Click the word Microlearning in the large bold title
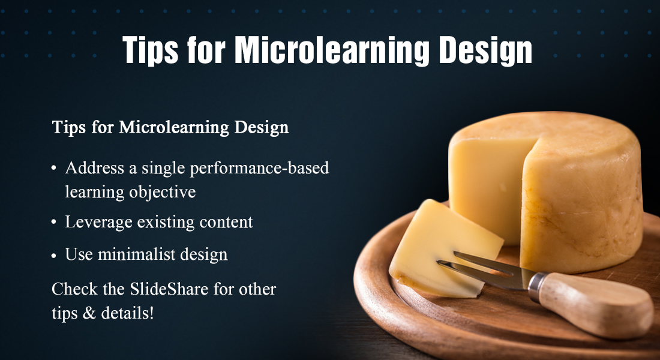pyautogui.click(x=332, y=50)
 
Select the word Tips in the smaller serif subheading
pyautogui.click(x=69, y=127)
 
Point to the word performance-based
pyautogui.click(x=259, y=169)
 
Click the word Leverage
pyautogui.click(x=98, y=222)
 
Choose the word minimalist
pyautogui.click(x=136, y=254)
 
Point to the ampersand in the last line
pyautogui.click(x=89, y=313)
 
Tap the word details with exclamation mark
pyautogui.click(x=128, y=313)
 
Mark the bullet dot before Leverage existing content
pyautogui.click(x=54, y=223)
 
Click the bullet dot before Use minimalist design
pyautogui.click(x=54, y=255)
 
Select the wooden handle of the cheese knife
pyautogui.click(x=595, y=304)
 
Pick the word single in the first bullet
pyautogui.click(x=163, y=169)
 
